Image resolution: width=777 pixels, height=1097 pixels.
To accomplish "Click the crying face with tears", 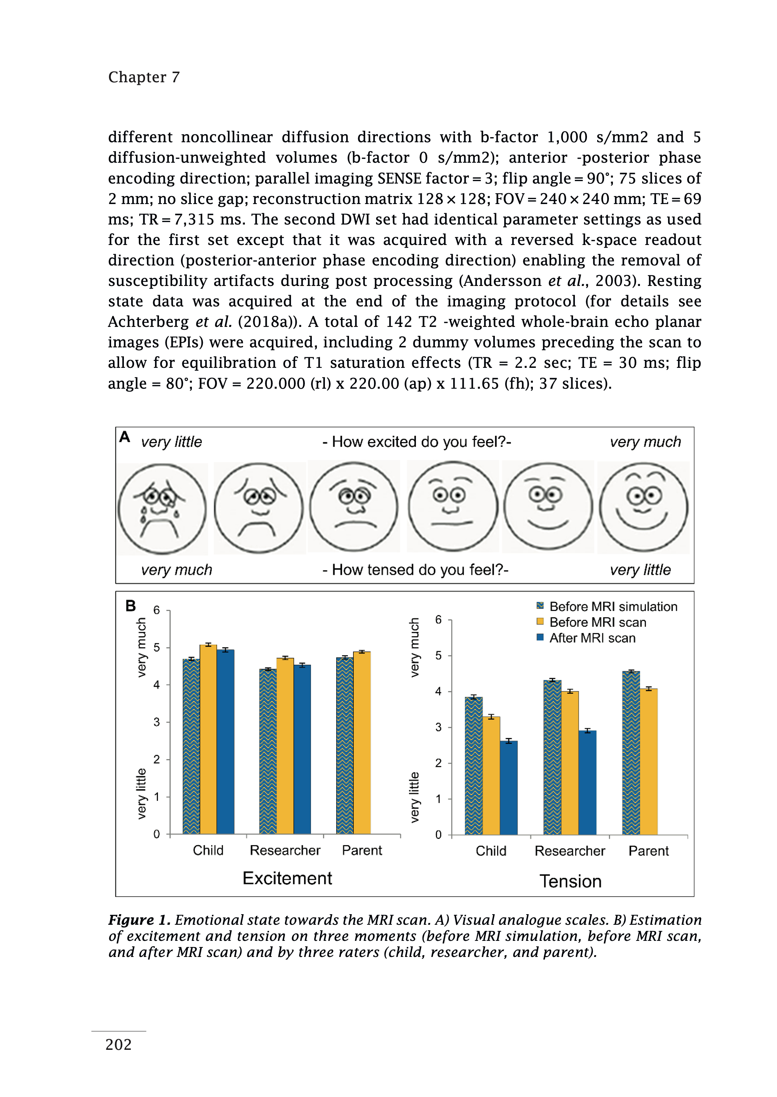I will tap(162, 509).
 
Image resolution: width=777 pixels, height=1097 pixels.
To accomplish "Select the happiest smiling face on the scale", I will tap(644, 507).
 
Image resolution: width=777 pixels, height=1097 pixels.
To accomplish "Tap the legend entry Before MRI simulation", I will tap(613, 606).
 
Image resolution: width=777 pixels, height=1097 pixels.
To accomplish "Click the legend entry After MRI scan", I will tap(592, 638).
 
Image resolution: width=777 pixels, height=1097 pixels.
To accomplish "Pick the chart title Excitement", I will tap(287, 878).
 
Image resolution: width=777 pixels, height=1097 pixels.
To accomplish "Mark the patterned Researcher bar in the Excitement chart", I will tap(268, 751).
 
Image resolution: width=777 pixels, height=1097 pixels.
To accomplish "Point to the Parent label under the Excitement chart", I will tap(362, 851).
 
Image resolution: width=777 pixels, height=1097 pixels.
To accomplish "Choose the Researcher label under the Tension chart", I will tap(569, 851).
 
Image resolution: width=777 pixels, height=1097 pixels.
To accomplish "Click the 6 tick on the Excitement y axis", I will tap(156, 610).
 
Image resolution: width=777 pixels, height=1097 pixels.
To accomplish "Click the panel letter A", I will tap(125, 437).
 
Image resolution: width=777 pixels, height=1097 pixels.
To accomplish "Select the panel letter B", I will tap(130, 606).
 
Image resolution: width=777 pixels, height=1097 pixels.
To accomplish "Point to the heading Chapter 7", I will tap(144, 77).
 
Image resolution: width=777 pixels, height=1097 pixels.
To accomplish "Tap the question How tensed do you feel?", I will tap(415, 570).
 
